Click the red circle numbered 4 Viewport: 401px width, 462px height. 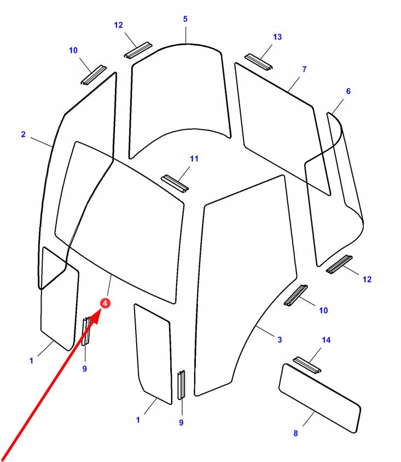click(105, 303)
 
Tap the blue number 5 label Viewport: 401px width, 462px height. click(185, 19)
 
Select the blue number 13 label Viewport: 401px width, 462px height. click(277, 37)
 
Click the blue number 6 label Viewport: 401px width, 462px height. click(348, 91)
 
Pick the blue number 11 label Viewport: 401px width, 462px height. click(194, 159)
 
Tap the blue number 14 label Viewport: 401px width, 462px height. click(326, 340)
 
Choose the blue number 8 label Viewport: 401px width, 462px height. click(295, 433)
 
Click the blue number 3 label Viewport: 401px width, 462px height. click(280, 340)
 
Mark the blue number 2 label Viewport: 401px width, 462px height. click(23, 134)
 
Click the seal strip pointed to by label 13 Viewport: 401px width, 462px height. click(257, 61)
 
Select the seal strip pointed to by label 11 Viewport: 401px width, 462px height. click(175, 183)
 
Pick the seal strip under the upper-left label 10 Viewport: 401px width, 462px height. click(94, 75)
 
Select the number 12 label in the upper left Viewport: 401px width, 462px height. click(119, 25)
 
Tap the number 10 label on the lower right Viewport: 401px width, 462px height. click(323, 310)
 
